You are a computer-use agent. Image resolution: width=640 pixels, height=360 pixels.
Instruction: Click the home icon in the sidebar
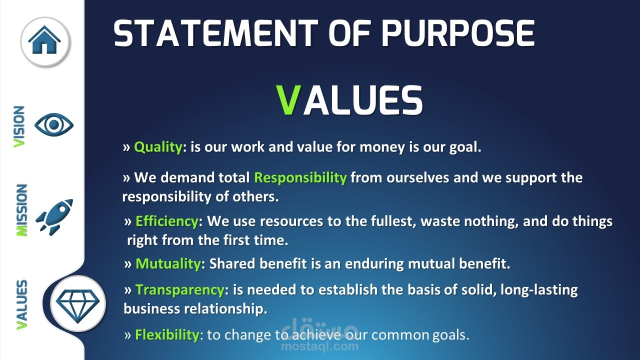point(44,40)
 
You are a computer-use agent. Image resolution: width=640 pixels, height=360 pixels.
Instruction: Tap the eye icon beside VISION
point(54,124)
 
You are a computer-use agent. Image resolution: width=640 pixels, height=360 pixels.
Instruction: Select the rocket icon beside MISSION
point(54,217)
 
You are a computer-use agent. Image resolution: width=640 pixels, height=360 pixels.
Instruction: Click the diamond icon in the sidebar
point(77,306)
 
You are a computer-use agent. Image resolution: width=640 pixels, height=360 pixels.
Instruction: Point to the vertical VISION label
point(19,127)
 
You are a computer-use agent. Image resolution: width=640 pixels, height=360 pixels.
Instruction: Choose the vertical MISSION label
point(21,210)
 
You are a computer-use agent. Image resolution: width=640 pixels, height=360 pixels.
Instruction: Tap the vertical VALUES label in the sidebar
point(21,304)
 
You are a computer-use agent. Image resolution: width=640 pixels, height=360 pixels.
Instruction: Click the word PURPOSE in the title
point(458,33)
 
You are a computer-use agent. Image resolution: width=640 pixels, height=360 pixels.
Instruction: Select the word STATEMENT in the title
point(215,33)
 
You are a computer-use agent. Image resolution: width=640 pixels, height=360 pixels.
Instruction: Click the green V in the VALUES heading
point(289,100)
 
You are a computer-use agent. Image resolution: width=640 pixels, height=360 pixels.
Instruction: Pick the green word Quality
point(158,147)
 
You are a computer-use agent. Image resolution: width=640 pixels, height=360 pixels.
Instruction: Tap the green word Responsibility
point(300,178)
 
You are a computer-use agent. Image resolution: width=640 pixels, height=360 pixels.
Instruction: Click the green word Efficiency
point(167,221)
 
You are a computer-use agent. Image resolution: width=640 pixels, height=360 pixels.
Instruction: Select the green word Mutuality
point(168,263)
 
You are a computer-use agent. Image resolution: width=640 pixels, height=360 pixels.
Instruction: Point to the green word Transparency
point(180,290)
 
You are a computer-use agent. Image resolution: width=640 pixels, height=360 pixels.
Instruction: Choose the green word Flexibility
point(167,335)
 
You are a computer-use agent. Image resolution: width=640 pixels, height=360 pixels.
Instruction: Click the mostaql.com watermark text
point(319,346)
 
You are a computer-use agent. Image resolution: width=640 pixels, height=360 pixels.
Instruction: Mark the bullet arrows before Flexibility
point(127,335)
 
